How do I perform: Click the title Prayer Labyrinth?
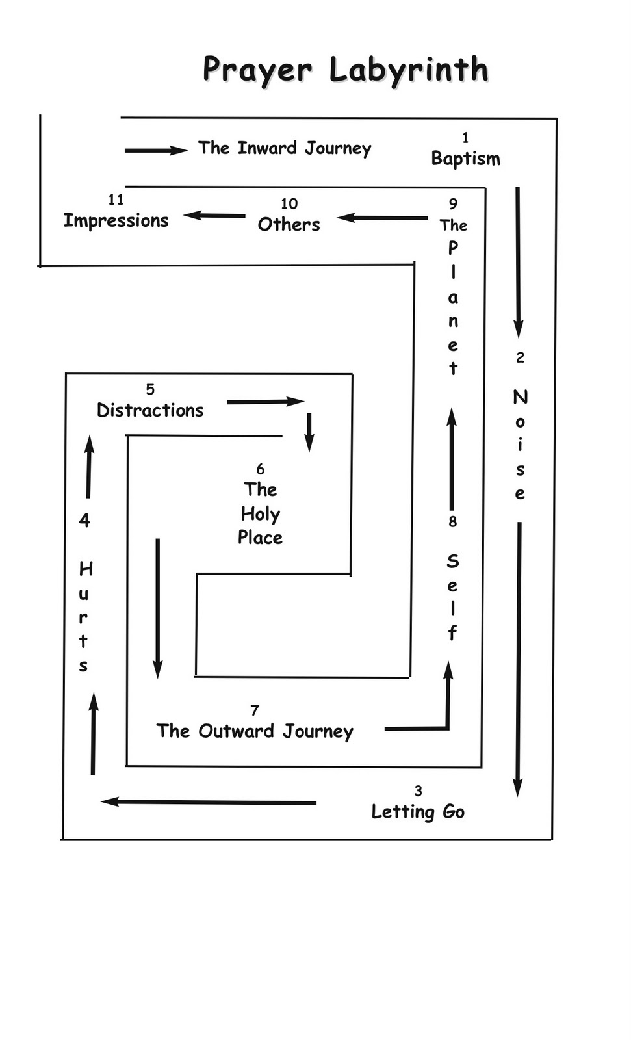345,70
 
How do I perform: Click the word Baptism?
465,159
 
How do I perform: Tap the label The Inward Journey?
285,148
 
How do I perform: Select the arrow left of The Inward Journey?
156,150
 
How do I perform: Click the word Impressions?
116,221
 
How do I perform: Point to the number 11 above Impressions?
116,200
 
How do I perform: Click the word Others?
289,224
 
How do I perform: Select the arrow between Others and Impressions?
214,215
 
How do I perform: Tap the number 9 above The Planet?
453,204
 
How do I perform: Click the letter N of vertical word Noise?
520,396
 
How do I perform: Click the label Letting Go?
418,812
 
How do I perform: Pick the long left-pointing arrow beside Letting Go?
208,802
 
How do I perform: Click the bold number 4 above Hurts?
84,520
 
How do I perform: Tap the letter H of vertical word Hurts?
86,569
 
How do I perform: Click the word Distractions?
150,410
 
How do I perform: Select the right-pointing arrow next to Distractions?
265,402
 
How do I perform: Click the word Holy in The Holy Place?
260,514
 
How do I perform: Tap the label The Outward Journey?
255,731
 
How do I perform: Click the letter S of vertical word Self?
453,561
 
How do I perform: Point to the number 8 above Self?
452,522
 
